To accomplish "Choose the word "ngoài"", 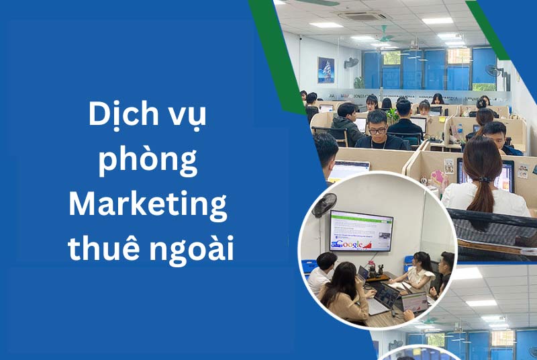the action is coord(192,249).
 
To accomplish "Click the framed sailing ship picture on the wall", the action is coord(326,71).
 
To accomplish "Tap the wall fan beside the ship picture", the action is coord(351,63).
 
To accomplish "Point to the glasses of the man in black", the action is coord(378,131).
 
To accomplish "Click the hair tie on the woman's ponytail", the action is coord(483,179).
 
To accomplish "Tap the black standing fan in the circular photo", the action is coord(324,205).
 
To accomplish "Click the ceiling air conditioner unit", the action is coord(361,15).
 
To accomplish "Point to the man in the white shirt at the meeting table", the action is coord(320,275).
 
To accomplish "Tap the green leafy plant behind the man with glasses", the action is coord(393,116).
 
